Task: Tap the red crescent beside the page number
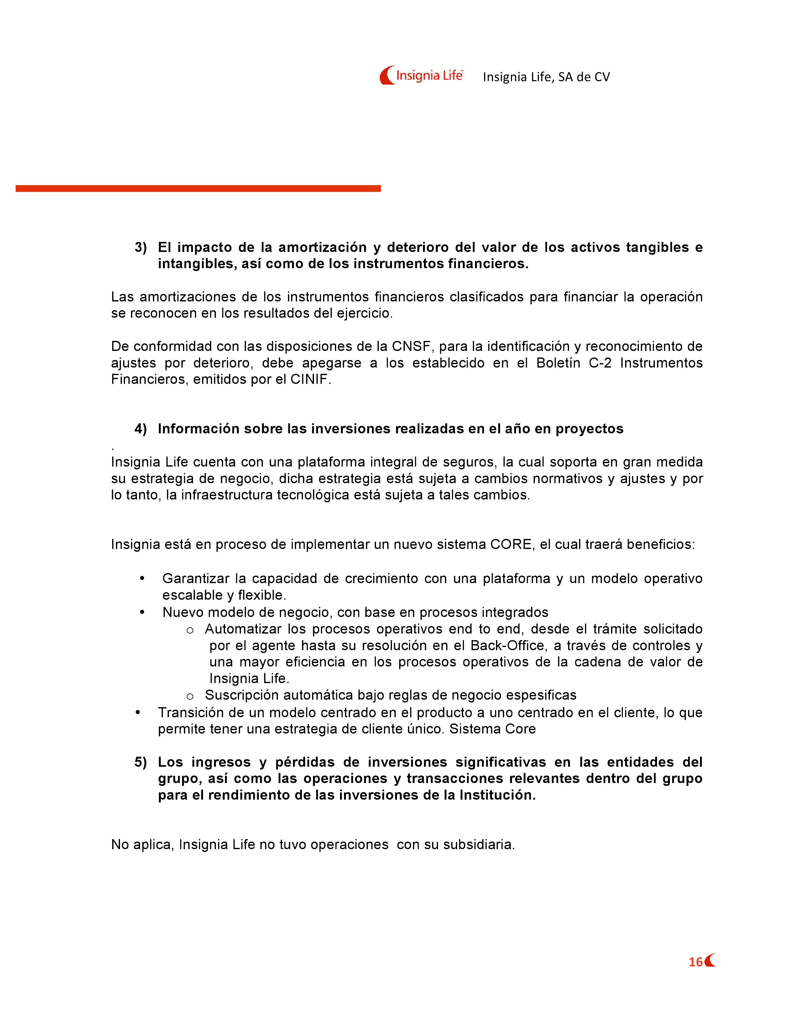[x=710, y=961]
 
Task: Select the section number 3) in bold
[x=141, y=248]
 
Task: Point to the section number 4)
[x=141, y=429]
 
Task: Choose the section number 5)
[x=141, y=762]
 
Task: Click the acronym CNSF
[x=411, y=347]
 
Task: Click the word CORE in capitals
[x=510, y=545]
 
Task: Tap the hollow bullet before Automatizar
[x=190, y=630]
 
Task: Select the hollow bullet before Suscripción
[x=190, y=696]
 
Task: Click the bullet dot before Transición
[x=138, y=712]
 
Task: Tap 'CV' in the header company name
[x=602, y=77]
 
